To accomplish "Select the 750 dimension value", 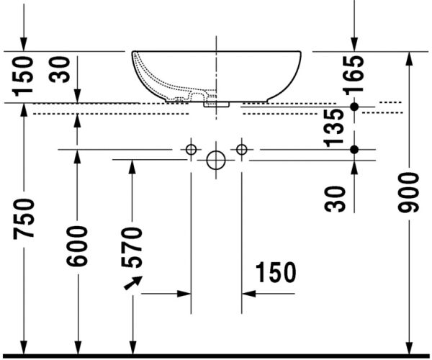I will [x=24, y=221].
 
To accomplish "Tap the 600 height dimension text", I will [x=78, y=245].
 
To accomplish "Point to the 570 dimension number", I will [x=132, y=246].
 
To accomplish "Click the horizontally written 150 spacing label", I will [x=274, y=273].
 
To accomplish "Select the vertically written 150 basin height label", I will [x=24, y=76].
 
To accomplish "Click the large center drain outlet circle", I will [x=216, y=160].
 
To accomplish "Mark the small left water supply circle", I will [x=191, y=149].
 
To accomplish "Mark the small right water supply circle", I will [x=241, y=149].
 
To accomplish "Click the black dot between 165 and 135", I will [x=354, y=107].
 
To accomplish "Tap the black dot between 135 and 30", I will [x=354, y=149].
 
